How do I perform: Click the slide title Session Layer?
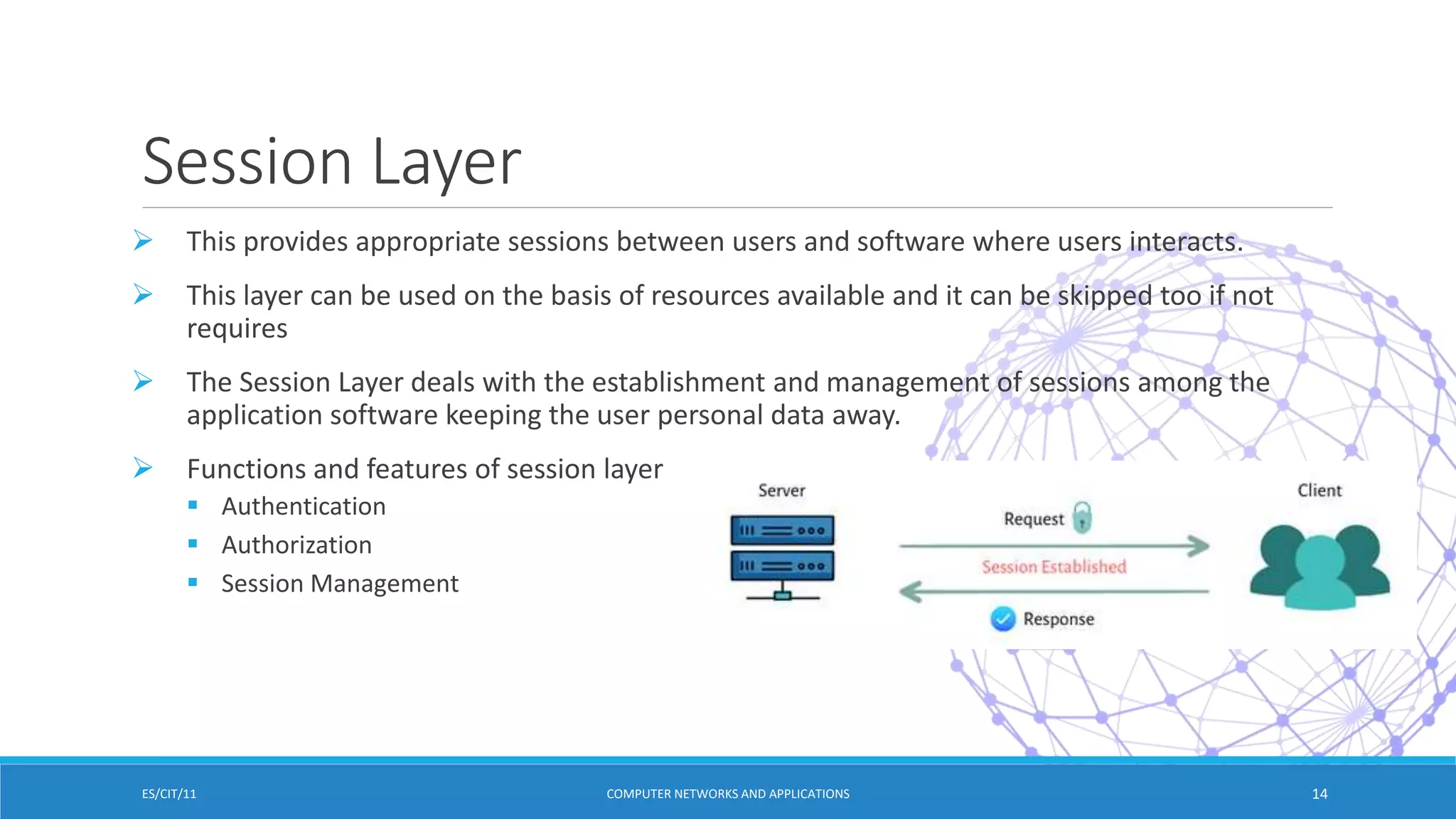pos(331,162)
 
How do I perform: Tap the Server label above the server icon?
pos(781,491)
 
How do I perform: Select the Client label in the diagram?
pos(1319,491)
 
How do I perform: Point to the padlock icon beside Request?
pos(1082,517)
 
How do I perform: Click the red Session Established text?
pos(1054,567)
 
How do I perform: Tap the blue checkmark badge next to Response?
pos(1002,619)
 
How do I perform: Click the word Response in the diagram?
pos(1059,619)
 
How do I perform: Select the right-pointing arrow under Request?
pos(1054,546)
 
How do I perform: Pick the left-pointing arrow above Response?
pos(1054,591)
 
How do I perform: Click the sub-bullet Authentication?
pos(304,506)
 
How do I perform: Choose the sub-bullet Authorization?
pos(296,545)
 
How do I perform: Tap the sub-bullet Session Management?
pos(340,583)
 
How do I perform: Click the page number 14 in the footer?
pos(1319,794)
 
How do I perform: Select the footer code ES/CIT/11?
pos(169,794)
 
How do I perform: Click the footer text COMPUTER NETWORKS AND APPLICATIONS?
pos(727,794)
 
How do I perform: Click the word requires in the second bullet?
pos(237,328)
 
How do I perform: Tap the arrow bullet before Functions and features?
pos(143,468)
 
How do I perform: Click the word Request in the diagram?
pos(1034,519)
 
